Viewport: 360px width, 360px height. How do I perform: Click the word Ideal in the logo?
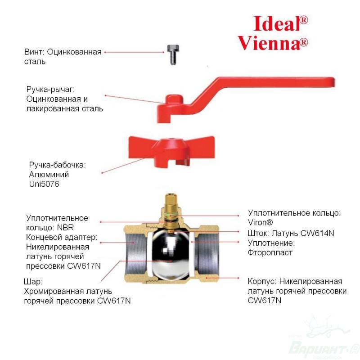[x=277, y=23]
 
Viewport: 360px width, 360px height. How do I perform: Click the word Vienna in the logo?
[x=269, y=43]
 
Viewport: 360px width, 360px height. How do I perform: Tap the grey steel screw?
[x=173, y=54]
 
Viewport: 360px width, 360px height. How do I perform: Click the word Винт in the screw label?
[x=34, y=52]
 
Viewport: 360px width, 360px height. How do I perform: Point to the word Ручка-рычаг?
[x=50, y=89]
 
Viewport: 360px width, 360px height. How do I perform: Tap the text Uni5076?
[x=44, y=184]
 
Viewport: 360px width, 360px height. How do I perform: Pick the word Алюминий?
[x=49, y=175]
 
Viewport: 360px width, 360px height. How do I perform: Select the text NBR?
[x=65, y=228]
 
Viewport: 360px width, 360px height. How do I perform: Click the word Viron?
[x=257, y=222]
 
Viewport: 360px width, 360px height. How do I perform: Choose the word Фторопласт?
[x=270, y=253]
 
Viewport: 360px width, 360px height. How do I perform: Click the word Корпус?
[x=262, y=282]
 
